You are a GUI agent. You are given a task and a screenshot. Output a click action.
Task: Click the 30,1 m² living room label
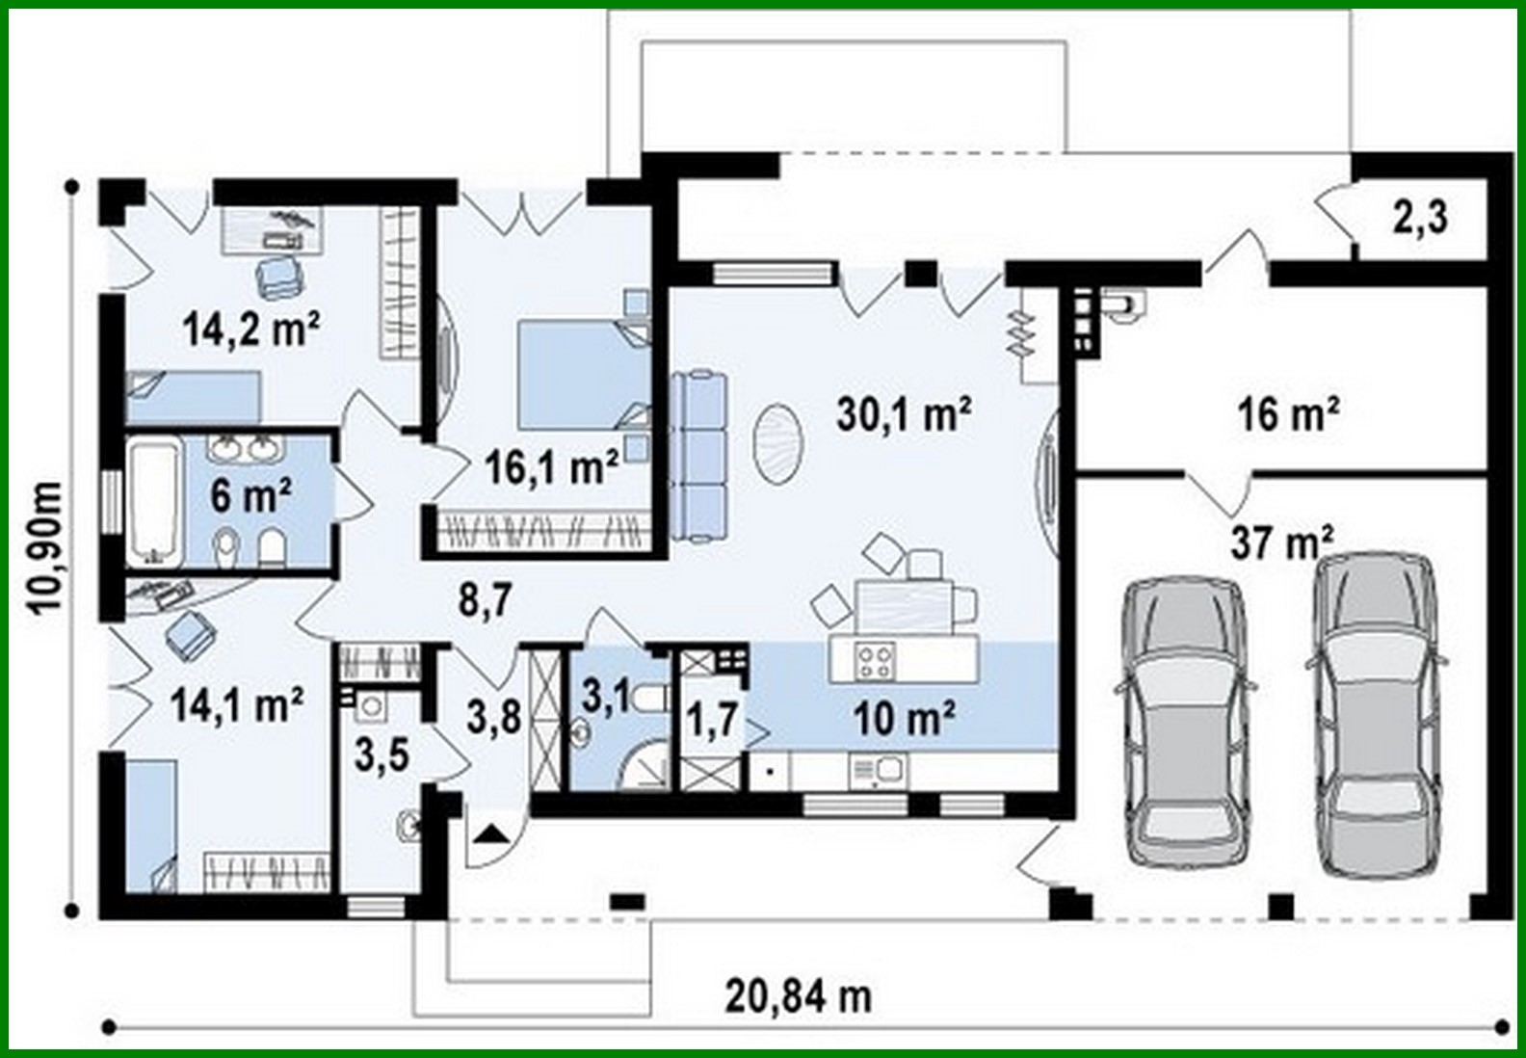pos(903,414)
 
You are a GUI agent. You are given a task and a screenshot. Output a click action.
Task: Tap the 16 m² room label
pos(1288,414)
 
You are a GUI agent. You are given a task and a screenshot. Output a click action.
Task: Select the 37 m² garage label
pos(1281,542)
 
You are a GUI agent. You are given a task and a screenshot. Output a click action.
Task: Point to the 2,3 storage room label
pos(1420,218)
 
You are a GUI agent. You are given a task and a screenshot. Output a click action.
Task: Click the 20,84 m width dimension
pos(799,996)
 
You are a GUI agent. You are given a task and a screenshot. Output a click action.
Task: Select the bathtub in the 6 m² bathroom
pos(154,500)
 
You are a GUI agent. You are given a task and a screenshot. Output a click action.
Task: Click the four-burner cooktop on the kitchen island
pos(876,660)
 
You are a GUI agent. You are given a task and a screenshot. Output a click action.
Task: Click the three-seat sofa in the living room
pos(698,458)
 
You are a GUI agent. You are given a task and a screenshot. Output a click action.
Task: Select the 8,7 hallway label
pos(485,600)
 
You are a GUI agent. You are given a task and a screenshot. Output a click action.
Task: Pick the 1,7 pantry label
pos(712,720)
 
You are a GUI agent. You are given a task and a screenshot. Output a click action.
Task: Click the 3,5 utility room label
pos(381,755)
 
